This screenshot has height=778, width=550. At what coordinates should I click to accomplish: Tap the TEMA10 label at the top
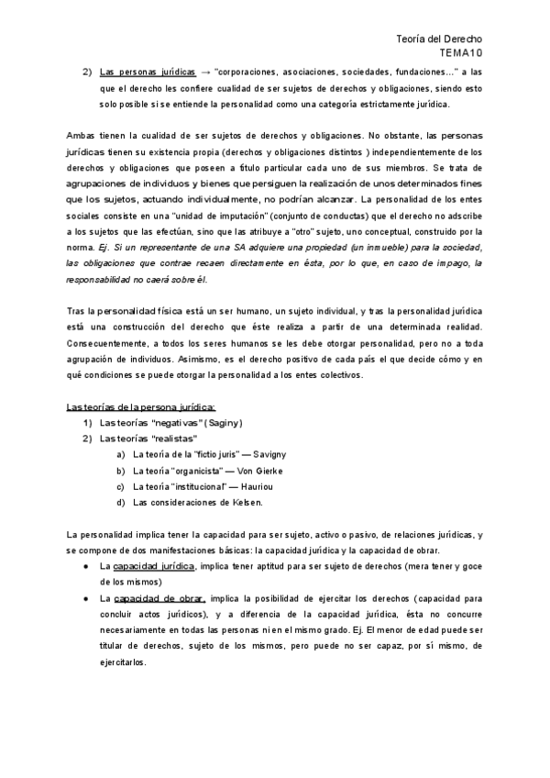[464, 55]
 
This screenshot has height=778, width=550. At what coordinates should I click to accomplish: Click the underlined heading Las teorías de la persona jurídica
[142, 406]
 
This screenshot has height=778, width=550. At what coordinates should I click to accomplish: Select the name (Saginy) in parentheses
[218, 423]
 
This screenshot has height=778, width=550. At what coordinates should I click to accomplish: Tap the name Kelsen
[245, 503]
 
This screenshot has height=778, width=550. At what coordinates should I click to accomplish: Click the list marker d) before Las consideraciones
[121, 503]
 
